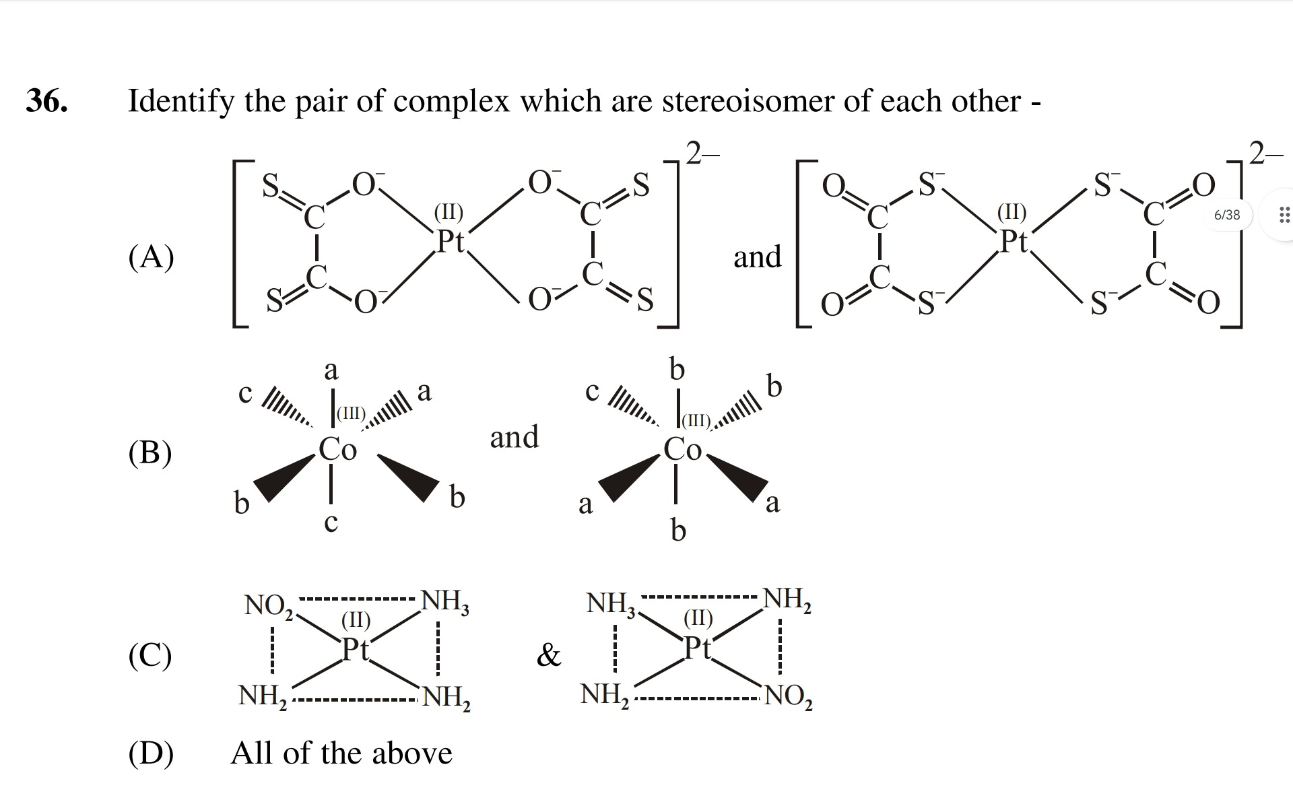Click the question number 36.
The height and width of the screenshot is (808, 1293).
[x=47, y=101]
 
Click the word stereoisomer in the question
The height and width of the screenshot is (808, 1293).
[x=764, y=101]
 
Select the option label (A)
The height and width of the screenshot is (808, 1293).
[x=151, y=257]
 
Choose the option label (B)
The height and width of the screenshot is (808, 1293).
[x=150, y=452]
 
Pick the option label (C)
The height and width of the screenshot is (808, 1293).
[x=150, y=654]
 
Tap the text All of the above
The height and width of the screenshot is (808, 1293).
[x=341, y=753]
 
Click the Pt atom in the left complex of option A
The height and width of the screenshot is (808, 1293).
[x=451, y=240]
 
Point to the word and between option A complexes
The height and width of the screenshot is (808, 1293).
[x=758, y=257]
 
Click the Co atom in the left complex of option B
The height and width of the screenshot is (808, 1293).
[x=337, y=449]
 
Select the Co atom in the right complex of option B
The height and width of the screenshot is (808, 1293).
[x=682, y=449]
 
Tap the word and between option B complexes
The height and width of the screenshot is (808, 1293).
[x=515, y=437]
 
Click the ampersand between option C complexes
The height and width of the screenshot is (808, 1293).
[x=549, y=654]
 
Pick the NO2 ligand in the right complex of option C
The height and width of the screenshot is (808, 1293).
[x=789, y=696]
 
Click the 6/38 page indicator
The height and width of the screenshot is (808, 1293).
[x=1226, y=215]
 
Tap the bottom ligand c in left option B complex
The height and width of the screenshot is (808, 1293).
[x=331, y=523]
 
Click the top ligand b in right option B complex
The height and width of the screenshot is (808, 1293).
[x=677, y=369]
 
